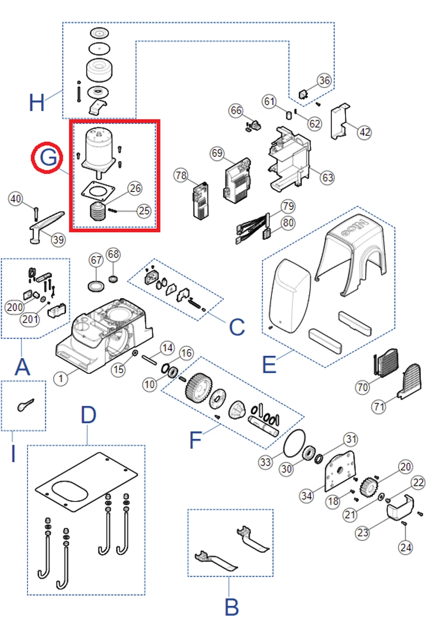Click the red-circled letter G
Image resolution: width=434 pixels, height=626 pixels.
point(48,157)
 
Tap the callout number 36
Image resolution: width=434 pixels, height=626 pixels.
point(324,80)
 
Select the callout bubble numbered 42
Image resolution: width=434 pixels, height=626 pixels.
point(364,132)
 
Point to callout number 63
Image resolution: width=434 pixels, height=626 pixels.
point(327,177)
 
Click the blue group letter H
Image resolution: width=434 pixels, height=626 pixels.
point(37,102)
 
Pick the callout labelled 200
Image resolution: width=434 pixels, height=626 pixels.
point(14,307)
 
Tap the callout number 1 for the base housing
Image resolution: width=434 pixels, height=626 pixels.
point(61,378)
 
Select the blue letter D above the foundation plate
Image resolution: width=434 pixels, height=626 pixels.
point(88,415)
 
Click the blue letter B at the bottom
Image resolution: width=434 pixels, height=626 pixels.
point(232,607)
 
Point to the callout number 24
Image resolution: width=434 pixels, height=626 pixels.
point(405,548)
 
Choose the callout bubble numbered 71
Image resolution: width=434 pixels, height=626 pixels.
point(379,407)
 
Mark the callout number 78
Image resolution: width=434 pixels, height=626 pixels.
point(181,175)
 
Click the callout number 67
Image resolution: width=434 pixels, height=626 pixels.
point(96,260)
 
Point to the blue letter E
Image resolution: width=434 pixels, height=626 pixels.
point(269,365)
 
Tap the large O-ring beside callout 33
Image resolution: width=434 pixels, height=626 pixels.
point(295,443)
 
